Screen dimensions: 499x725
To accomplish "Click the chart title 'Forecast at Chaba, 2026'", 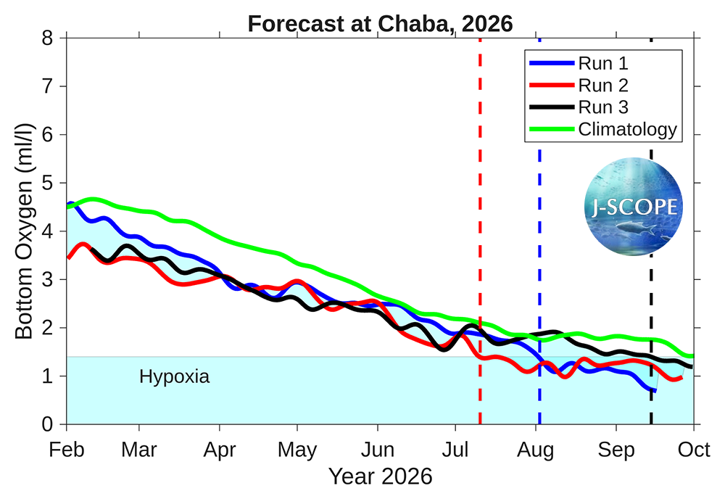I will coord(380,24).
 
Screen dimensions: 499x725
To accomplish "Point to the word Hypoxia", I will coord(174,377).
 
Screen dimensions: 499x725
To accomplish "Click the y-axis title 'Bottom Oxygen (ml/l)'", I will coord(24,231).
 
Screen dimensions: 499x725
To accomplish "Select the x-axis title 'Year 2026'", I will coord(380,477).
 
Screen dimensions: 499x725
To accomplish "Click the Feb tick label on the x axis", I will coord(67,450).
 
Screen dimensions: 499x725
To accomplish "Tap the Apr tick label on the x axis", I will coord(220,450).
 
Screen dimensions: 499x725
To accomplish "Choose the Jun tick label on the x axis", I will coord(378,450).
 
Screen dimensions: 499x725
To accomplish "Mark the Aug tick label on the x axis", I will coord(536,450).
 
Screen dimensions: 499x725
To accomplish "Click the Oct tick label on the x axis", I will coord(694,450).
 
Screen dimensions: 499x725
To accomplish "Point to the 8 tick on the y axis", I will coord(48,38).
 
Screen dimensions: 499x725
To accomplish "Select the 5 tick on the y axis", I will coord(48,183).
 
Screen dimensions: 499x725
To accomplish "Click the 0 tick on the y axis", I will coord(48,424).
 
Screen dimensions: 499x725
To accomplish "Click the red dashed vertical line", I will coord(480,218).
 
